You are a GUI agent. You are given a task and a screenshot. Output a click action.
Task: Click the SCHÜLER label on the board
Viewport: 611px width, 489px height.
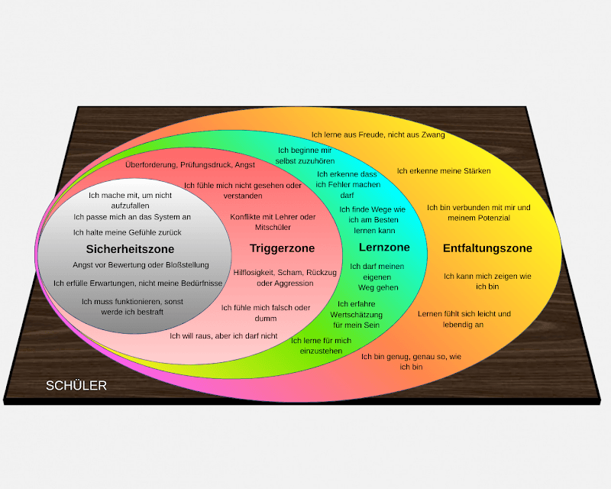[76, 386]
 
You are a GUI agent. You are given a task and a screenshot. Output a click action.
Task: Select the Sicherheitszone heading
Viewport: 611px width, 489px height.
[130, 249]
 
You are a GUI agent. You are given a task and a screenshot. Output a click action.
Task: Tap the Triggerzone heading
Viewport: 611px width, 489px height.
[282, 248]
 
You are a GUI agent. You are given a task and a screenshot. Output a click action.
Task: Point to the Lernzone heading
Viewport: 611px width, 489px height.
[384, 248]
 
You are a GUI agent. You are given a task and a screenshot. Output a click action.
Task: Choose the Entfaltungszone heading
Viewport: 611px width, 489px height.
[487, 248]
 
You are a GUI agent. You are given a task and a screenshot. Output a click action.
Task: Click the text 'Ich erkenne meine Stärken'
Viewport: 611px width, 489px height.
[443, 170]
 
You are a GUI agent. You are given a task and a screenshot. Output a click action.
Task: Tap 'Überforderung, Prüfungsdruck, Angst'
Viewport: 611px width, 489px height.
[190, 164]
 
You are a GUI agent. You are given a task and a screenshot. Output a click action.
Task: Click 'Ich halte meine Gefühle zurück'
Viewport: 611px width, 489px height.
[128, 232]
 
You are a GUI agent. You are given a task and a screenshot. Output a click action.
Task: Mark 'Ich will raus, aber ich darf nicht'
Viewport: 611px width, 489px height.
[223, 335]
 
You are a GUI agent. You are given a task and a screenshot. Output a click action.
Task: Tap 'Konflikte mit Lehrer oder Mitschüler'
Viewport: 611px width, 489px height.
[273, 222]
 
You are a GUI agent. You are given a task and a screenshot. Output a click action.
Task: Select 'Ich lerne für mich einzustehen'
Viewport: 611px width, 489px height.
[321, 345]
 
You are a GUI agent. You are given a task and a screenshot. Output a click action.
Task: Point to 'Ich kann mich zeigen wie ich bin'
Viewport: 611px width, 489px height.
[487, 281]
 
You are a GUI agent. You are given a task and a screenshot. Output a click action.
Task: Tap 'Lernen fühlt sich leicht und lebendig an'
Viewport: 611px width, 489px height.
[464, 319]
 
